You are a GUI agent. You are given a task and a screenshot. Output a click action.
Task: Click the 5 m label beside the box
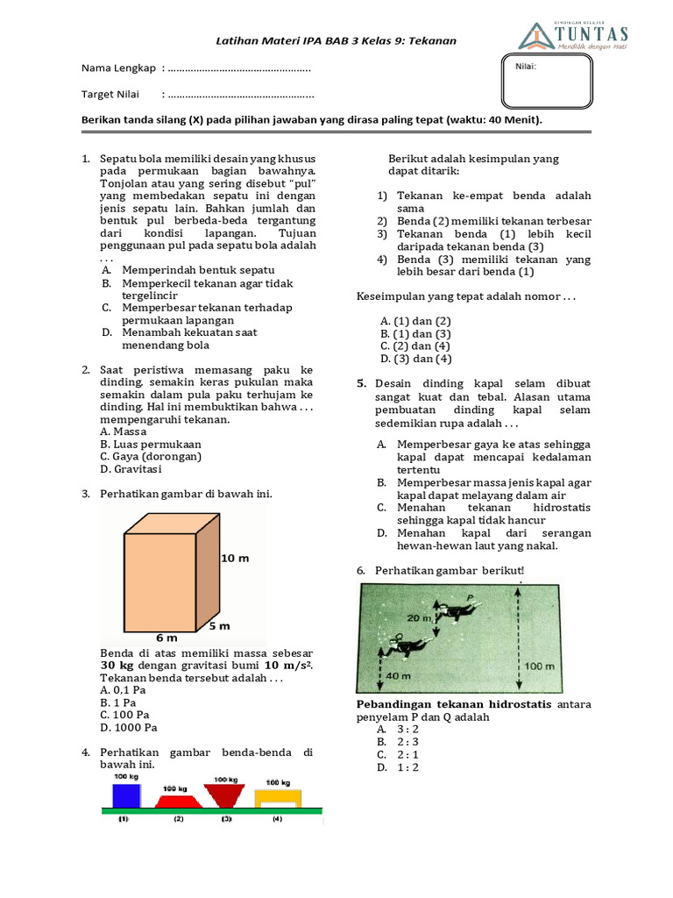point(219,626)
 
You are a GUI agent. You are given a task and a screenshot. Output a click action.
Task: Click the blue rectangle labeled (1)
point(125,795)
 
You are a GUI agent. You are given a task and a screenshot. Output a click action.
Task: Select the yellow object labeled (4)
point(278,797)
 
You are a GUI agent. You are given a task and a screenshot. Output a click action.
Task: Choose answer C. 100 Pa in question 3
point(125,715)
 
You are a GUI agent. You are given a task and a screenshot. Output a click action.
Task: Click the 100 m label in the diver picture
point(536,666)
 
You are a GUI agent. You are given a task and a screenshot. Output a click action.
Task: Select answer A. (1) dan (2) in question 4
point(415,321)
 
